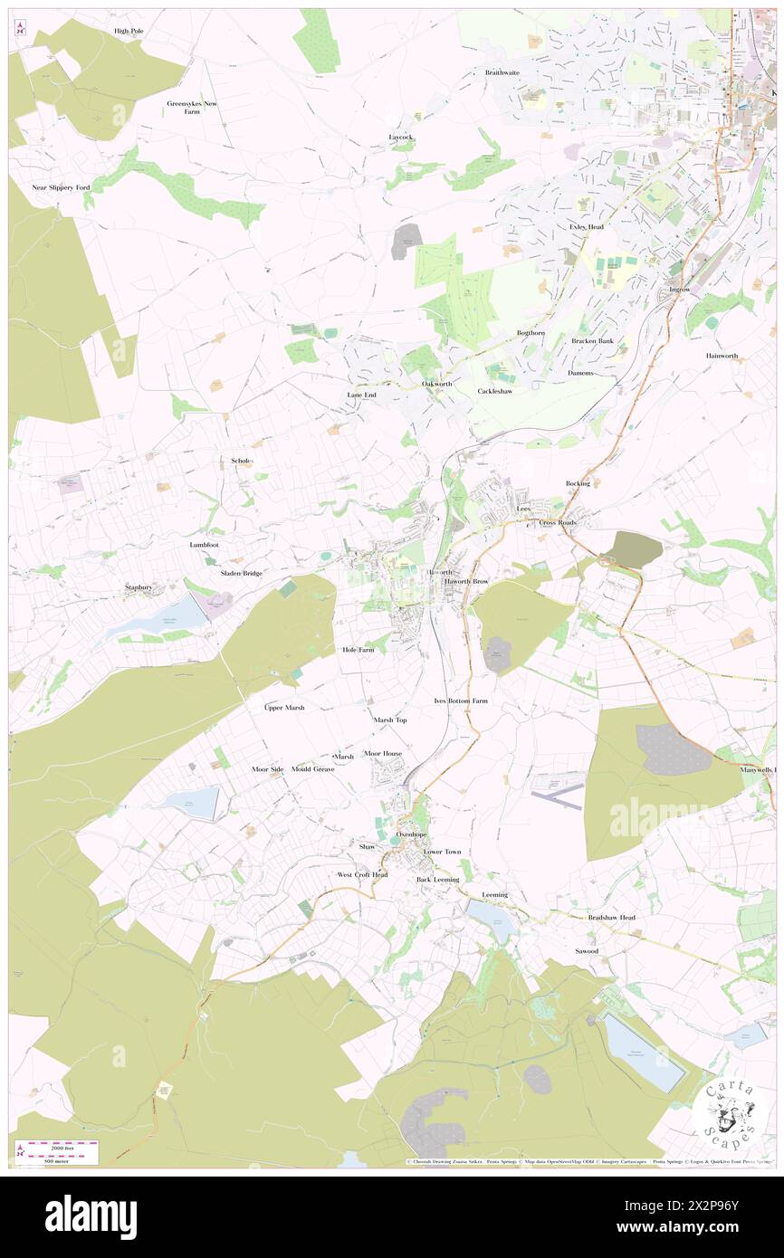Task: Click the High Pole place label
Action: coord(129,31)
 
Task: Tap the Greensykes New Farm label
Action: coord(192,108)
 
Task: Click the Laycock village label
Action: coord(400,137)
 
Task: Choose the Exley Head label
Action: coord(586,226)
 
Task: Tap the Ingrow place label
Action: coord(679,290)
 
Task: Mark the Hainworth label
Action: coord(722,356)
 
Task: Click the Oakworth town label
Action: coord(436,384)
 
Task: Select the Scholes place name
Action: coord(242,461)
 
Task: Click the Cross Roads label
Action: coord(558,523)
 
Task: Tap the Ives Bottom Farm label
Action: coord(461,700)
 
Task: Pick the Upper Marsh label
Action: coord(283,707)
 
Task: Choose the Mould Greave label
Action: coord(312,769)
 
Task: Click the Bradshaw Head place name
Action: coord(611,918)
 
